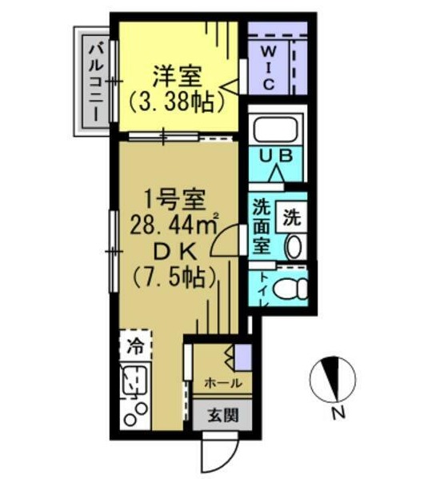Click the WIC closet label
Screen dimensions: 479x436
pos(269,66)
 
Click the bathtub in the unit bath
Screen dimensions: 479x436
pos(275,129)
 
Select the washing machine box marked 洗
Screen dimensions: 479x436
pos(291,214)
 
